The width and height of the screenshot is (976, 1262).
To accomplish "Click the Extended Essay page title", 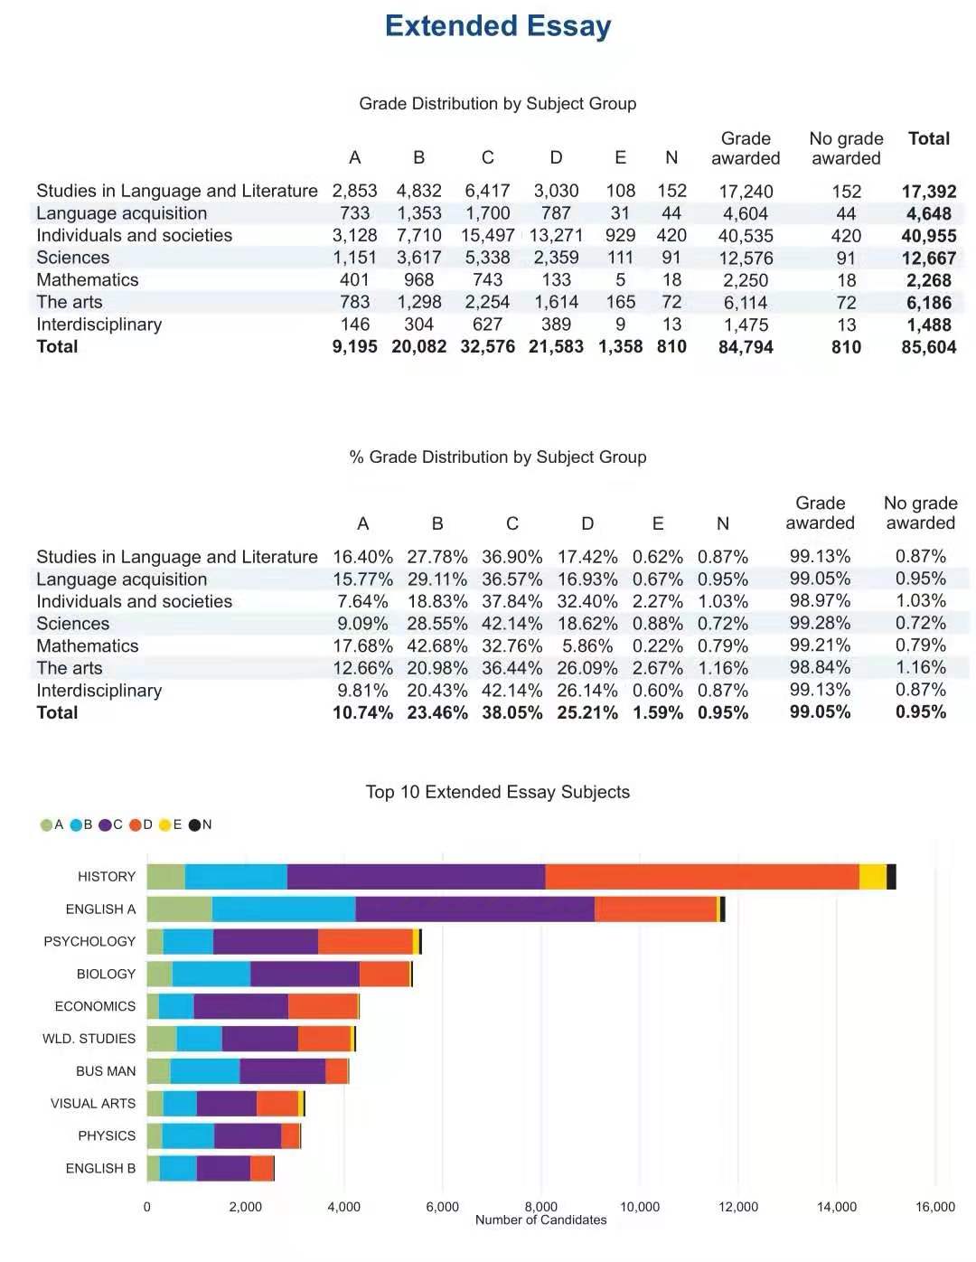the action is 498,26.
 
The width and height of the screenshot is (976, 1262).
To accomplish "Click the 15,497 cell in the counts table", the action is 487,235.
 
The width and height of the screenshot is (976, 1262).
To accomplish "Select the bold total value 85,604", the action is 928,347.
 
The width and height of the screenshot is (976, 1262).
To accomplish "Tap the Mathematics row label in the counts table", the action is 87,279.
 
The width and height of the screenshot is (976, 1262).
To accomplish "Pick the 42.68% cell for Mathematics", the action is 437,645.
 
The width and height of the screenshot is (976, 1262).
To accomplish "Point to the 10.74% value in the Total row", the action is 363,712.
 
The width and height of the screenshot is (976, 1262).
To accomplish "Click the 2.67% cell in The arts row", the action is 658,668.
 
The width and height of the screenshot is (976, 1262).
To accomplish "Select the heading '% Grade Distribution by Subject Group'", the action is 498,457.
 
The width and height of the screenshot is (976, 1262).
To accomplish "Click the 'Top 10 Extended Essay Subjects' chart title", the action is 498,792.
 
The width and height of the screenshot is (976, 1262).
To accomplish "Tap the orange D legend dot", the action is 136,824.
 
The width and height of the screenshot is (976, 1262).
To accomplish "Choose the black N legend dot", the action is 194,824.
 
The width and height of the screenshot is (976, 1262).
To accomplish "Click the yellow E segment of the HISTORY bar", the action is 873,876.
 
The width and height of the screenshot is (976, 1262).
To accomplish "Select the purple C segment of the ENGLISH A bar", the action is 475,909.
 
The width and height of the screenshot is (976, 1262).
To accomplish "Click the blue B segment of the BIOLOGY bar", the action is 211,974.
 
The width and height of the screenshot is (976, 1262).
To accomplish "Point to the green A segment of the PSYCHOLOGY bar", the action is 155,941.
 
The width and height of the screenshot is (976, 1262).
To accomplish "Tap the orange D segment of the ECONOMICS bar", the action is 323,1006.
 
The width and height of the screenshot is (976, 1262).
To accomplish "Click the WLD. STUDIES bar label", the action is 89,1039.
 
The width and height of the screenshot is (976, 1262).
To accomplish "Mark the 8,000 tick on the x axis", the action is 541,1206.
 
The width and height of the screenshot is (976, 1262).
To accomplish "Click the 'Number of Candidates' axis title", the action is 540,1220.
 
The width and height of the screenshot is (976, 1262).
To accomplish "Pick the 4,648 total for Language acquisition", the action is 928,213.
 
